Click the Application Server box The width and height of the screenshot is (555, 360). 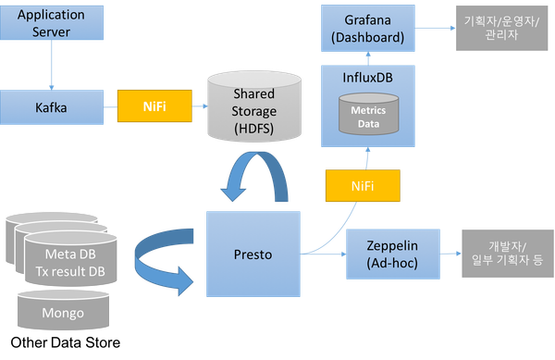52,22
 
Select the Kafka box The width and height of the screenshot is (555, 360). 52,107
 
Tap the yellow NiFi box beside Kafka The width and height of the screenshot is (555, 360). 154,106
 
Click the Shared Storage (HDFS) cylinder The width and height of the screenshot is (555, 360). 254,106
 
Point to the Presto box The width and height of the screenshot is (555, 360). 253,254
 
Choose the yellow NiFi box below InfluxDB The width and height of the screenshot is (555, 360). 363,186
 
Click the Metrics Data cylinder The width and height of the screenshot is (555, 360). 368,114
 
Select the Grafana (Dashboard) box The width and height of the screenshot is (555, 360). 368,29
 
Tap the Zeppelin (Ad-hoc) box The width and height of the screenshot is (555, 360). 393,254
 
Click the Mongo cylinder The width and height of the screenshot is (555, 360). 63,310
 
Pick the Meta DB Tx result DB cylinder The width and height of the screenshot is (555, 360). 70,259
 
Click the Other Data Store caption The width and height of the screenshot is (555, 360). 66,342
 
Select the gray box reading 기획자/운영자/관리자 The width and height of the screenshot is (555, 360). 501,28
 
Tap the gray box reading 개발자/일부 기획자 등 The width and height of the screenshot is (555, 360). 508,254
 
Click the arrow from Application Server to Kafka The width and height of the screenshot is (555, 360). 52,65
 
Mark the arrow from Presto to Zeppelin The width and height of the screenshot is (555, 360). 323,254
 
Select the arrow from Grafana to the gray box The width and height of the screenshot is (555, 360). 436,28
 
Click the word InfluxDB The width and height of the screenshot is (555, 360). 368,78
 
